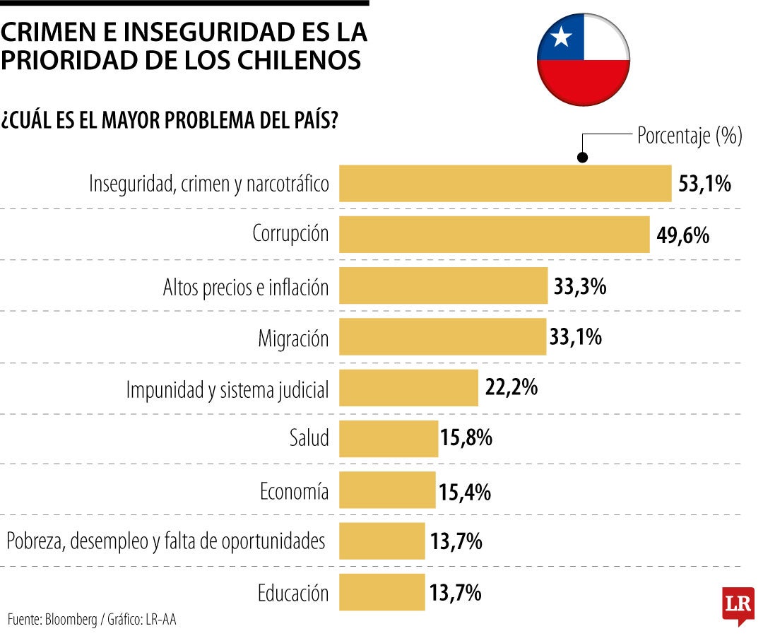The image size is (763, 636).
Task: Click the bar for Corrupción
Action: (x=494, y=235)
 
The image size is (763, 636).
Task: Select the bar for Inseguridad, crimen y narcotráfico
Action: (x=505, y=184)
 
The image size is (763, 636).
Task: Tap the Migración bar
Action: (x=443, y=337)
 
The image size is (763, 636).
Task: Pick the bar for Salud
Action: (x=389, y=438)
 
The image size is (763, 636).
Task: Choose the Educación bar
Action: (x=382, y=592)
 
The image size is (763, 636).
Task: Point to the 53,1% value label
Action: (x=704, y=184)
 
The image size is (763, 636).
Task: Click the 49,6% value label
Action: (x=682, y=235)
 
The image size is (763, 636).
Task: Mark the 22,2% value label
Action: (x=511, y=387)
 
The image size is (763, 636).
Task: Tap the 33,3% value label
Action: (x=581, y=287)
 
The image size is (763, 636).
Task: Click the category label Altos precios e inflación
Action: (x=246, y=288)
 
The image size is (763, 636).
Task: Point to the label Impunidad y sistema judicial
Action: (x=227, y=389)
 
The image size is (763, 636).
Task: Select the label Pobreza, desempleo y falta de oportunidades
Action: (x=166, y=542)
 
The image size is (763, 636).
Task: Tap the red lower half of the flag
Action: (x=583, y=81)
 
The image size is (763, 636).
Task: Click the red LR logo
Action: (x=738, y=605)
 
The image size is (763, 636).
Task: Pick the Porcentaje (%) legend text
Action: (x=689, y=136)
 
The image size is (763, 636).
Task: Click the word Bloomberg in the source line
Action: (x=71, y=620)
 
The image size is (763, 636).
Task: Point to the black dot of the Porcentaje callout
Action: (x=582, y=158)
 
